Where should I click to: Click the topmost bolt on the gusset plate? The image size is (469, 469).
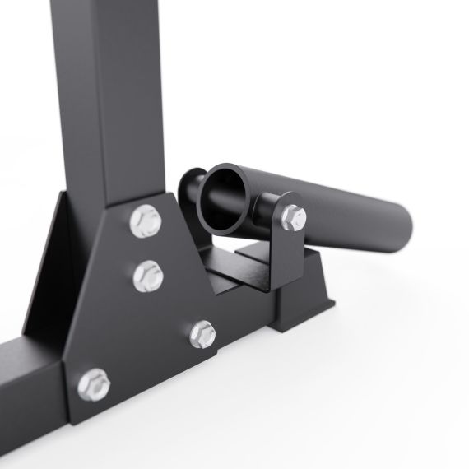[146, 220]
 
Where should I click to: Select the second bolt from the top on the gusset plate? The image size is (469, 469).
[146, 274]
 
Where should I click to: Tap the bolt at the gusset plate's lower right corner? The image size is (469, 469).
[202, 333]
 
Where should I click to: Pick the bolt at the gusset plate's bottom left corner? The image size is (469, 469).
[95, 383]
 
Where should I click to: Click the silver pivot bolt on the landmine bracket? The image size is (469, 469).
[291, 217]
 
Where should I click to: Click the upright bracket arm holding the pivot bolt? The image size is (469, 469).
[289, 247]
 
